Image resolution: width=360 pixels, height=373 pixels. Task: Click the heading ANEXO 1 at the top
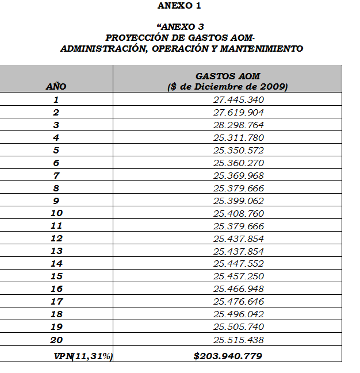pyautogui.click(x=179, y=6)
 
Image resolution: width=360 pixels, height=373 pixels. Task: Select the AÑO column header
pyautogui.click(x=56, y=87)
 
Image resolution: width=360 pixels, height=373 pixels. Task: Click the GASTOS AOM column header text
pyautogui.click(x=227, y=76)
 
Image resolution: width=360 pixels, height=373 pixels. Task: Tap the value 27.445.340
pyautogui.click(x=238, y=100)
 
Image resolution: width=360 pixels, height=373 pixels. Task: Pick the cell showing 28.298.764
pyautogui.click(x=238, y=125)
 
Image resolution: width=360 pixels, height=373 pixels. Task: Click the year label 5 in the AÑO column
pyautogui.click(x=56, y=151)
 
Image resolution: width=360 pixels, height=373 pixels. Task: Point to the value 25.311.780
pyautogui.click(x=238, y=138)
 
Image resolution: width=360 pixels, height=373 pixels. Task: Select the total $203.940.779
pyautogui.click(x=228, y=356)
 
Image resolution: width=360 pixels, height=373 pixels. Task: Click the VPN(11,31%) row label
pyautogui.click(x=83, y=356)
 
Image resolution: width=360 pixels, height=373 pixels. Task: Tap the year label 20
pyautogui.click(x=56, y=340)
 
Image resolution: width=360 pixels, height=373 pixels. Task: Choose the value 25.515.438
pyautogui.click(x=238, y=340)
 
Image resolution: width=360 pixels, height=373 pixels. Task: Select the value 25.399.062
pyautogui.click(x=238, y=201)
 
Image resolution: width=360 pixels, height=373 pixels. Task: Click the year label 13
pyautogui.click(x=56, y=251)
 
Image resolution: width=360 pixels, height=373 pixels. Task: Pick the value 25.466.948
pyautogui.click(x=238, y=289)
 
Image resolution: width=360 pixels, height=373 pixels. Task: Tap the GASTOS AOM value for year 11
pyautogui.click(x=238, y=226)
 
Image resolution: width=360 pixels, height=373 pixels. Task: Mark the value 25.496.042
pyautogui.click(x=238, y=314)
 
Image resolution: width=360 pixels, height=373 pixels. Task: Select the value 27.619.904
pyautogui.click(x=238, y=113)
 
